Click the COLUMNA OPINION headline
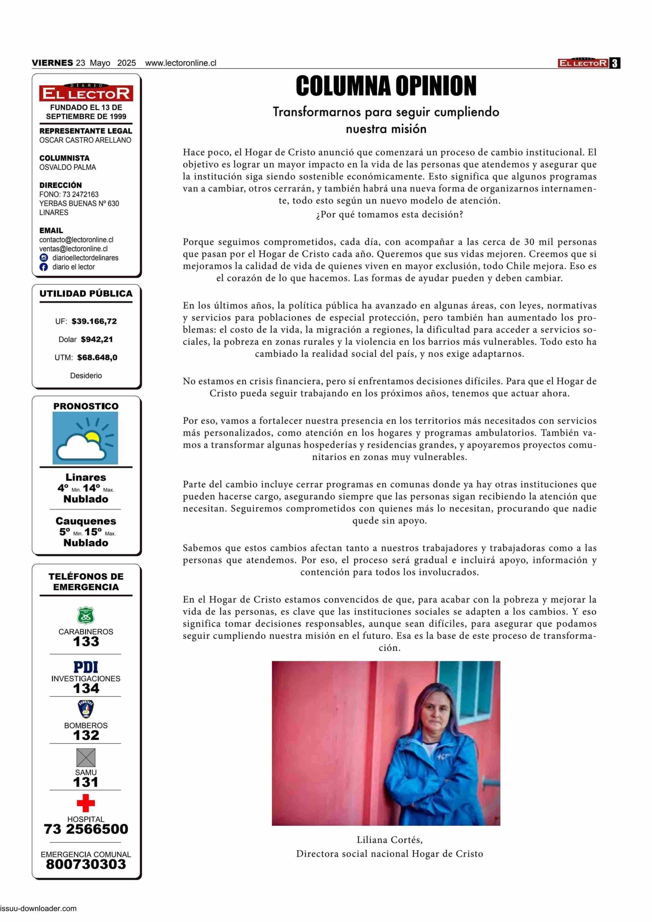point(386,86)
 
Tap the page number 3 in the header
point(615,63)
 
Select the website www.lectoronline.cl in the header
point(181,63)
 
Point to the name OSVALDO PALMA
point(68,167)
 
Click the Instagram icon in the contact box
point(44,258)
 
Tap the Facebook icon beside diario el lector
point(44,267)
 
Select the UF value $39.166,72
point(94,321)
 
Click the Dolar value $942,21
point(97,339)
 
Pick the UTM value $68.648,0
point(97,357)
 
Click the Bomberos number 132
point(86,735)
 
